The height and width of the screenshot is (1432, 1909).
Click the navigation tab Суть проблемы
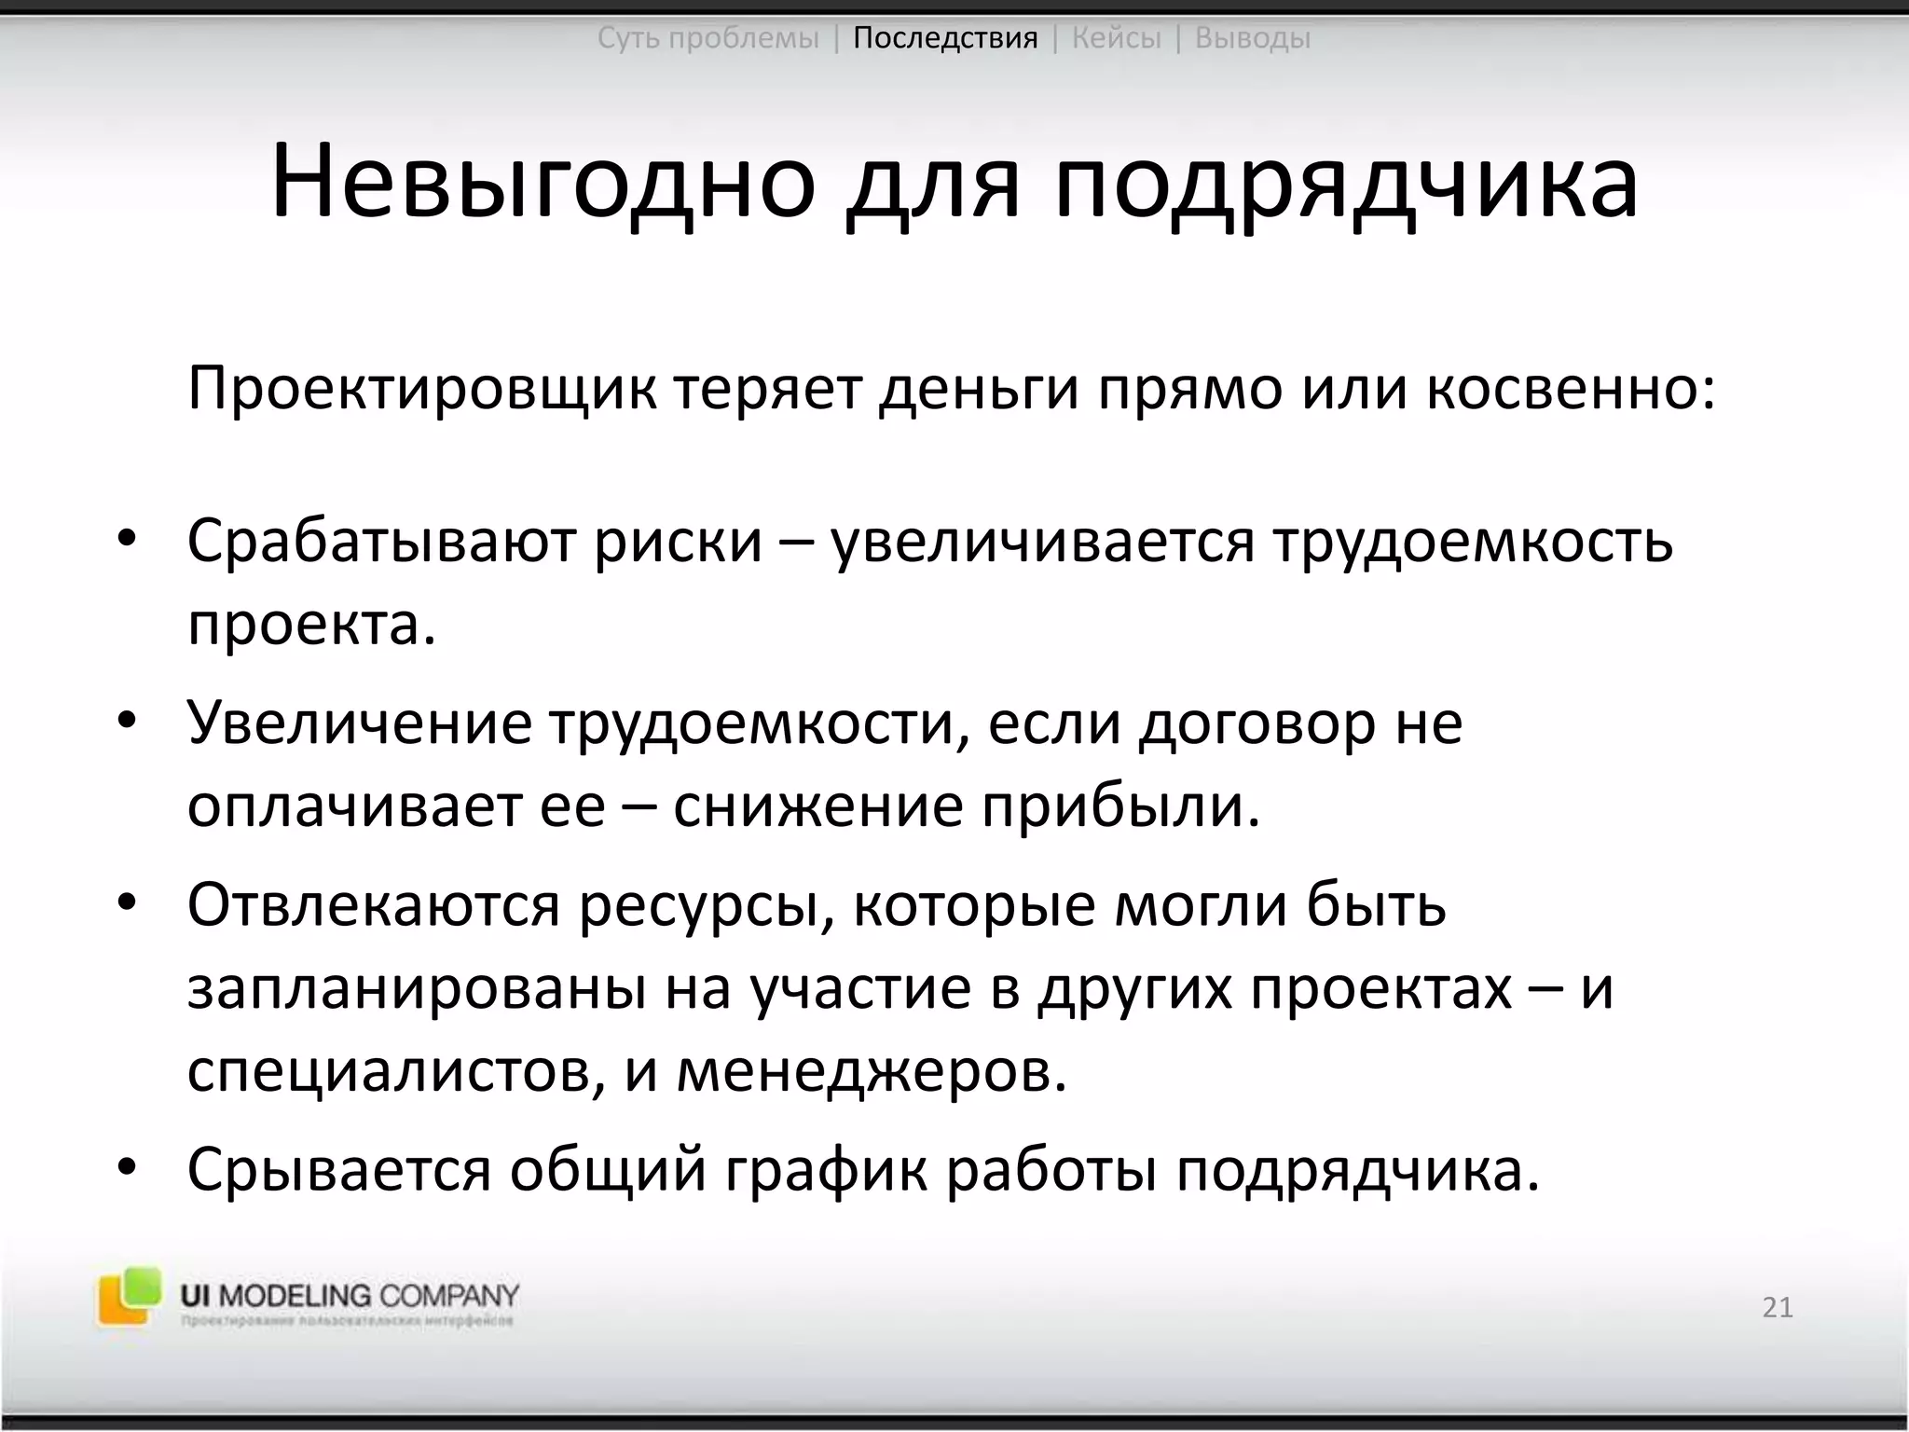[707, 38]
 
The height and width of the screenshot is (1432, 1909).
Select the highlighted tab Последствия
[945, 38]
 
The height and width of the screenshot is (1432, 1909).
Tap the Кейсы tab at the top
[1117, 38]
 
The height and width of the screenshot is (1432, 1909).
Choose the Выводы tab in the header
[1252, 38]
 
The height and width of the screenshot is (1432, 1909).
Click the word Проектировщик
[420, 390]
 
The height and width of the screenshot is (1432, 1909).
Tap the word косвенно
[1570, 390]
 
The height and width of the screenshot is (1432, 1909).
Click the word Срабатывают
[380, 541]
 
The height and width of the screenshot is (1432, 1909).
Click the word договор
[1256, 723]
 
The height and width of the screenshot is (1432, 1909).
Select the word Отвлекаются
[373, 904]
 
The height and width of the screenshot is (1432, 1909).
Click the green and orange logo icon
[129, 1296]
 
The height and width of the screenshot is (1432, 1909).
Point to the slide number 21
[1778, 1307]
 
